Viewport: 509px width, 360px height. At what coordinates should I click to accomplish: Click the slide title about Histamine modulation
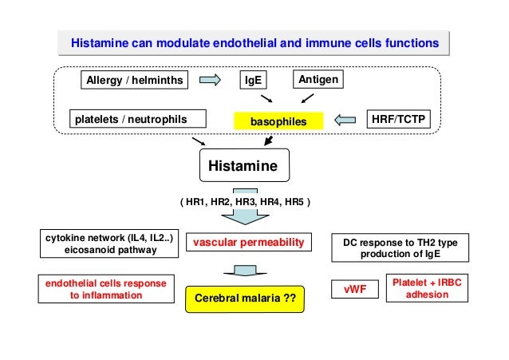(x=254, y=40)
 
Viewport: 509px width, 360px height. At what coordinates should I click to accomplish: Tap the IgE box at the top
(x=254, y=81)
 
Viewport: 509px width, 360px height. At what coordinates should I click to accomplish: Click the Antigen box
(x=319, y=80)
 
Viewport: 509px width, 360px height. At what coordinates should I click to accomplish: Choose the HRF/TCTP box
(x=396, y=120)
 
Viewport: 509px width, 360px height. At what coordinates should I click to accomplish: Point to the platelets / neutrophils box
(x=131, y=120)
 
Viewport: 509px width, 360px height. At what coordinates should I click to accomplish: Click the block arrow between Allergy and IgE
(x=211, y=80)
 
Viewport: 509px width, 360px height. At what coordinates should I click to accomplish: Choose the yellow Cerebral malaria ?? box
(x=245, y=299)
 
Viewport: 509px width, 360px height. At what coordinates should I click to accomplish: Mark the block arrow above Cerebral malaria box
(x=244, y=271)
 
